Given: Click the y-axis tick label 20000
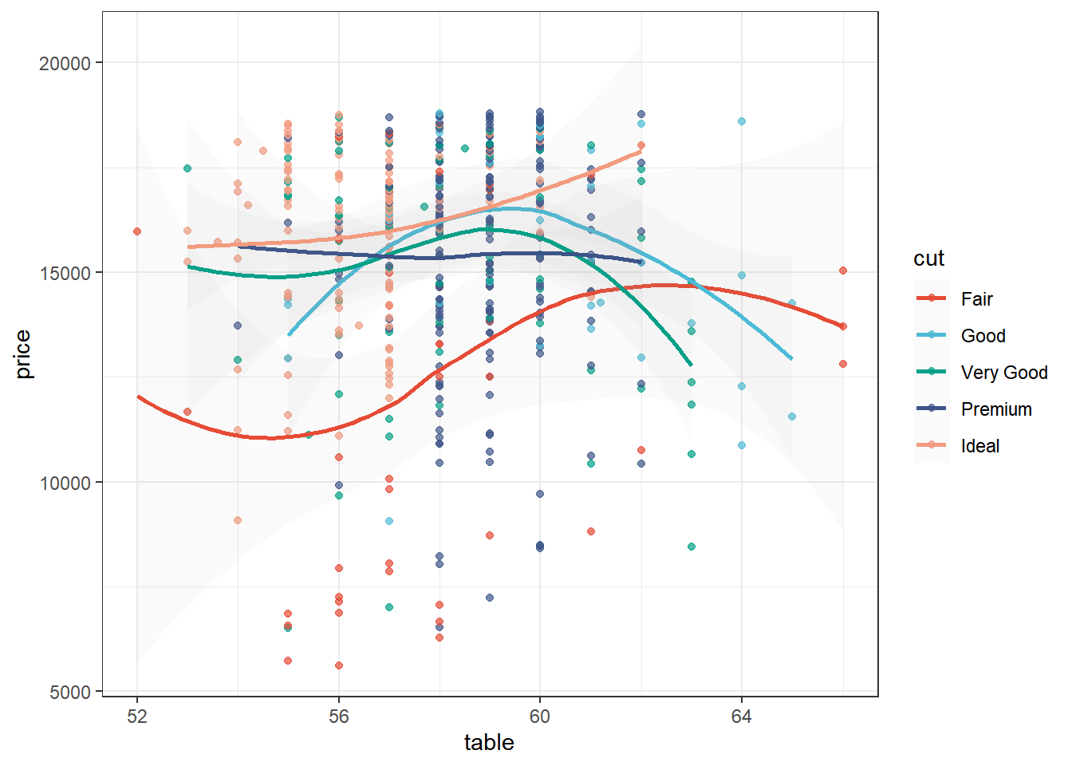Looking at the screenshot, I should click(65, 63).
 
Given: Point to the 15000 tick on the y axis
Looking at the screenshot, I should click(65, 273).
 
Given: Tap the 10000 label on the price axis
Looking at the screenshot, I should click(65, 483).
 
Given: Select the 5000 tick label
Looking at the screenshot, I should click(70, 693).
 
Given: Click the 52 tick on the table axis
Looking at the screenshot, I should click(137, 717).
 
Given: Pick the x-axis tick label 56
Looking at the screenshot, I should click(339, 717).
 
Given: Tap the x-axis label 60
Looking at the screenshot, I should click(540, 717).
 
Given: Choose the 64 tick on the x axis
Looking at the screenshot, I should click(742, 717).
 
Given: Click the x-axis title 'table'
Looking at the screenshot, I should click(489, 743).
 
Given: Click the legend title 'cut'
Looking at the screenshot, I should click(928, 259).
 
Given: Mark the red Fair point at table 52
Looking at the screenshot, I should click(137, 231).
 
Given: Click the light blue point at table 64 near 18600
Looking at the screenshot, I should click(742, 121).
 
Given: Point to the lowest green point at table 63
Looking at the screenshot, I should click(692, 547).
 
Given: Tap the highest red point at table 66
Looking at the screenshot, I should click(843, 270).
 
